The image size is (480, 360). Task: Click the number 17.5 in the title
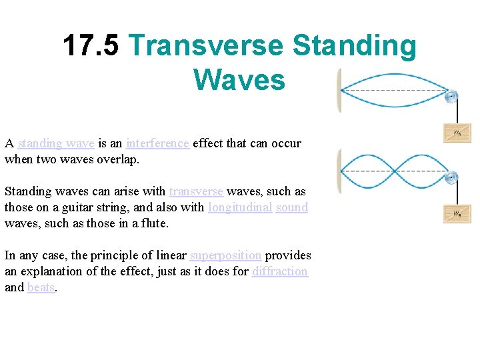coord(91,46)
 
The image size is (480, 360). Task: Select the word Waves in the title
coord(239,80)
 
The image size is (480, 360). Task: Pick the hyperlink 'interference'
coord(157,143)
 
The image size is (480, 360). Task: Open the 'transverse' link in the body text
coord(197,191)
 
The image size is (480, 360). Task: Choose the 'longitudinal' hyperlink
coord(240,207)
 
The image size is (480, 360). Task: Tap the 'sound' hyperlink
coord(292,207)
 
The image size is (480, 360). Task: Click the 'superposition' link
coord(226,255)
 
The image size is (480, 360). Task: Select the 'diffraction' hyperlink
coord(280,271)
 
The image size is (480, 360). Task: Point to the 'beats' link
coord(41,287)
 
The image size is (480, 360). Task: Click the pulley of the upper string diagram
coord(451,97)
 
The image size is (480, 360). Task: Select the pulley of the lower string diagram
coord(451,177)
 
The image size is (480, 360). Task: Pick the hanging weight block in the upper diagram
coord(457,133)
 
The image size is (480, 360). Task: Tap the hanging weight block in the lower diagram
coord(457,213)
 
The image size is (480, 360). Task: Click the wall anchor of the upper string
coord(341,90)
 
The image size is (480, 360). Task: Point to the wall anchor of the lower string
coord(341,172)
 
